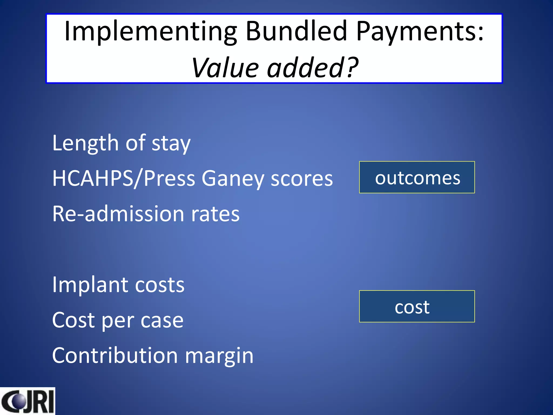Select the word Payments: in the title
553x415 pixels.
(x=420, y=32)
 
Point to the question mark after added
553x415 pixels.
(x=352, y=68)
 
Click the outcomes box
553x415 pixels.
(x=417, y=178)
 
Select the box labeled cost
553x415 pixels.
(x=417, y=306)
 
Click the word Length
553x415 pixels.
(x=85, y=143)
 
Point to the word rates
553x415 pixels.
(x=215, y=214)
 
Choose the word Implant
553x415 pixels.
(x=90, y=285)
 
